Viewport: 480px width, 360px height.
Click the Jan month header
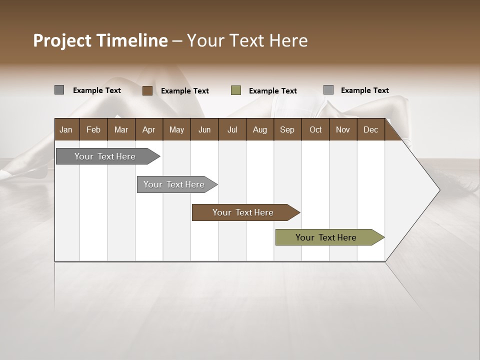coord(66,129)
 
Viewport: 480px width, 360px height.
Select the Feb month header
coord(93,129)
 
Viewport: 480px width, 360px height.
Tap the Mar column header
coord(121,129)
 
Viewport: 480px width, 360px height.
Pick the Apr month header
coord(148,129)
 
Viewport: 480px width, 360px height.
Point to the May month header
coord(176,129)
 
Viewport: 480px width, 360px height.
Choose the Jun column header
coord(204,129)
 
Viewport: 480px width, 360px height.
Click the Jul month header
coord(232,129)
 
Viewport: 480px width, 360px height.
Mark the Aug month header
coord(260,129)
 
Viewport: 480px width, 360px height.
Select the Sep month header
coord(287,129)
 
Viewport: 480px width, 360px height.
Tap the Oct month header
coord(315,129)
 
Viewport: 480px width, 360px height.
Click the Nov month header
coord(343,129)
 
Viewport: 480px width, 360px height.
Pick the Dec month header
coord(370,129)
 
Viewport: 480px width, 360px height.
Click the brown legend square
coord(147,90)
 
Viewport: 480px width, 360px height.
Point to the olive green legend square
coord(236,90)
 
